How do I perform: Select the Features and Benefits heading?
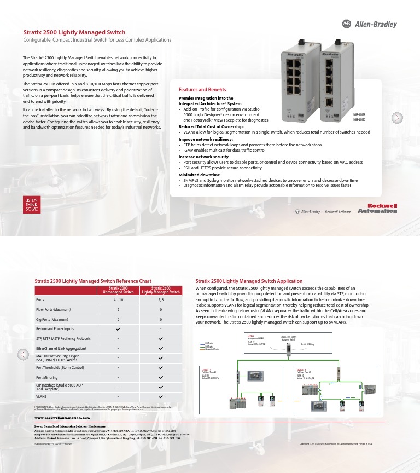[202, 89]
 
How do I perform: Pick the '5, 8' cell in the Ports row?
[161, 300]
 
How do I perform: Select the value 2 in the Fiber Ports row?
[118, 309]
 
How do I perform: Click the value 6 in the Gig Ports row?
[118, 319]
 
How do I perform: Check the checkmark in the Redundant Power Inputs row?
[118, 329]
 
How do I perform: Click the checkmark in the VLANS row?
[161, 396]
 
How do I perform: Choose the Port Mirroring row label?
[48, 377]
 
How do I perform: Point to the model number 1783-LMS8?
[359, 114]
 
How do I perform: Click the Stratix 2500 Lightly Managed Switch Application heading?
[249, 281]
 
